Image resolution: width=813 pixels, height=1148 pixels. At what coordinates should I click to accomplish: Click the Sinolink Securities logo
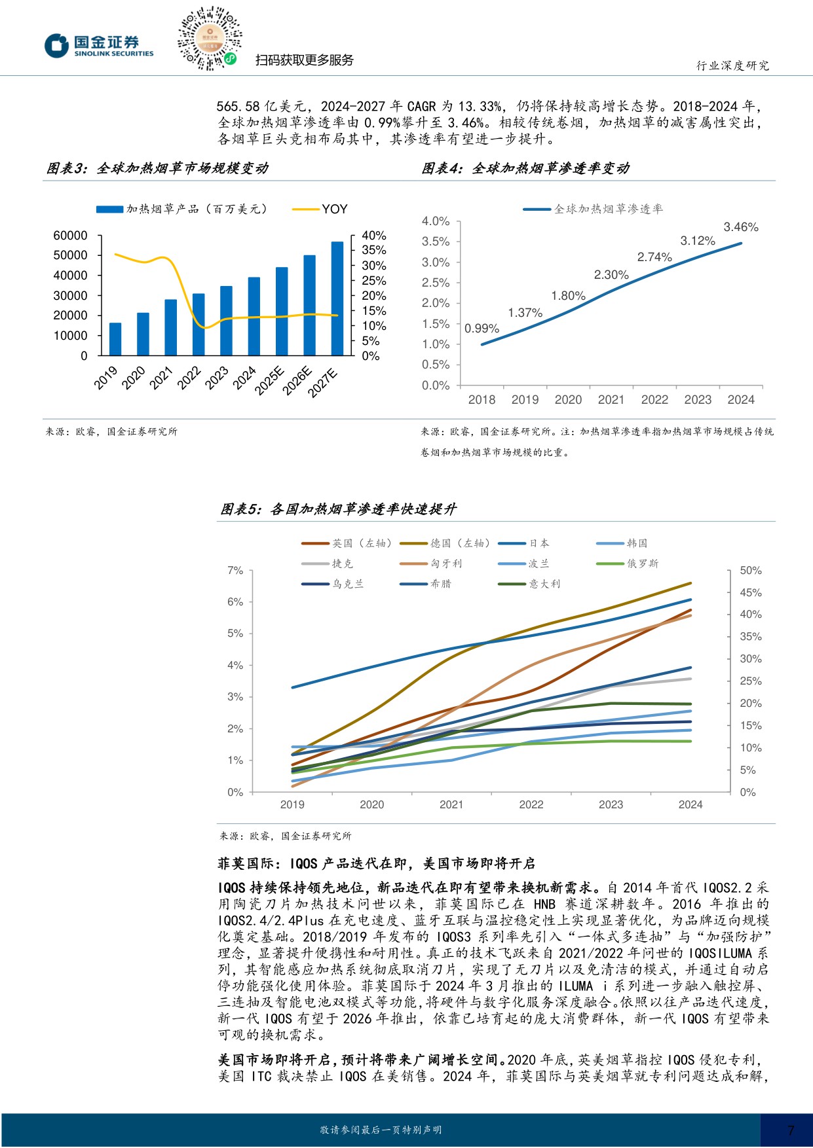pyautogui.click(x=99, y=46)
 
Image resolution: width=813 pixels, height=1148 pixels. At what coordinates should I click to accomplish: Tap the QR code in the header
pyautogui.click(x=209, y=39)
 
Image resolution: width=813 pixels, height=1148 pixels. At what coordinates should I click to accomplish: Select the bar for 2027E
pyautogui.click(x=337, y=298)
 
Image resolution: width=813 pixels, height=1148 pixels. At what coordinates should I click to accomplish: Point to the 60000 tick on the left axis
pyautogui.click(x=70, y=236)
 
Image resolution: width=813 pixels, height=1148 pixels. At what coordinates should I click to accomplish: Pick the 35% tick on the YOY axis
pyautogui.click(x=374, y=250)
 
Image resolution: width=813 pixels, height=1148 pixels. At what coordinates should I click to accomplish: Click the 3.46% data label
pyautogui.click(x=741, y=227)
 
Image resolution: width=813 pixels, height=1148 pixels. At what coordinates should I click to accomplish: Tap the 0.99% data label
pyautogui.click(x=482, y=329)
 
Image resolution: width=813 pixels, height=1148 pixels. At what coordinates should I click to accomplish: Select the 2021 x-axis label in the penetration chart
pyautogui.click(x=611, y=400)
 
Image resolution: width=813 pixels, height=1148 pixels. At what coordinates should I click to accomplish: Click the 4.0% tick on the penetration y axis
pyautogui.click(x=436, y=221)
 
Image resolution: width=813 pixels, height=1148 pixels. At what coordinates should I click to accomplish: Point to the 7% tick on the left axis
pyautogui.click(x=235, y=571)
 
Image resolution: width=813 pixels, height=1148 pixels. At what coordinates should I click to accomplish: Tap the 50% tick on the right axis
pyautogui.click(x=751, y=571)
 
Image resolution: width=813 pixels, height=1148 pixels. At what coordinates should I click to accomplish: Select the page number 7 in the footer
pyautogui.click(x=791, y=1130)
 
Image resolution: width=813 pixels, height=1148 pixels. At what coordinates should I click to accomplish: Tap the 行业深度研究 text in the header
pyautogui.click(x=732, y=65)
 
